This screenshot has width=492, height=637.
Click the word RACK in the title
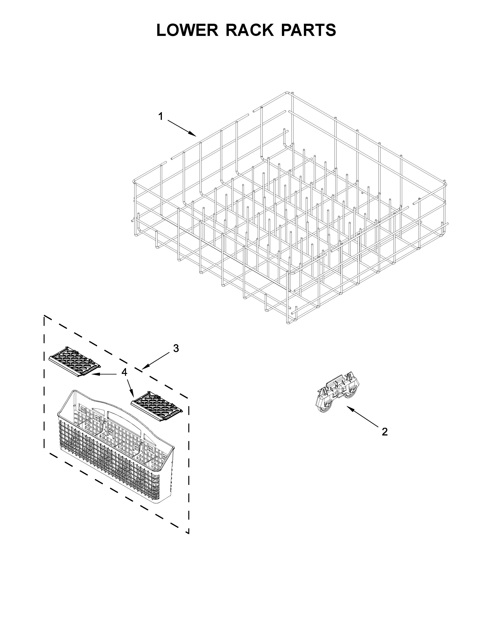(x=250, y=30)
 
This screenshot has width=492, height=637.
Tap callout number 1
(x=161, y=117)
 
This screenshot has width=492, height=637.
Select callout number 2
(x=385, y=432)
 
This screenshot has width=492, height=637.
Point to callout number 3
(x=176, y=348)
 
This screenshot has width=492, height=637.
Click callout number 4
(x=124, y=372)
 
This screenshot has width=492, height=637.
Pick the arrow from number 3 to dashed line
(x=157, y=360)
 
